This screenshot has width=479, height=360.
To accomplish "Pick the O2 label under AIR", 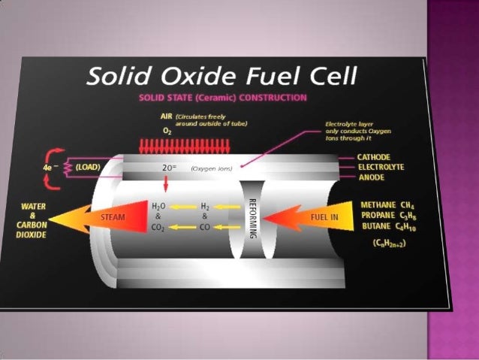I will point(166,130).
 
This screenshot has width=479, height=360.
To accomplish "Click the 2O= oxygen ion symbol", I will point(169,168).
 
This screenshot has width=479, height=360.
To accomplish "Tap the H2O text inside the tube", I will point(158,205).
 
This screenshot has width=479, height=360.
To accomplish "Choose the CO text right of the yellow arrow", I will point(206,228).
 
